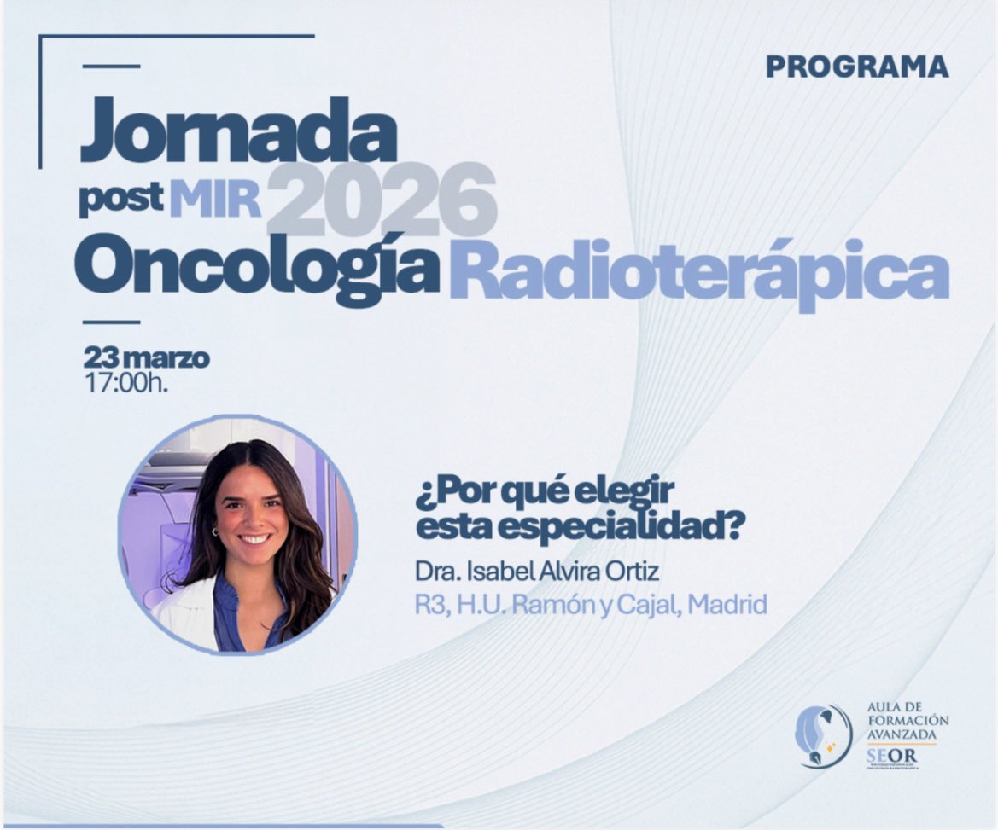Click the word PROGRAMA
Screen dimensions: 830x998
tap(856, 67)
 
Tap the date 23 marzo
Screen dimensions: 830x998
tap(146, 357)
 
